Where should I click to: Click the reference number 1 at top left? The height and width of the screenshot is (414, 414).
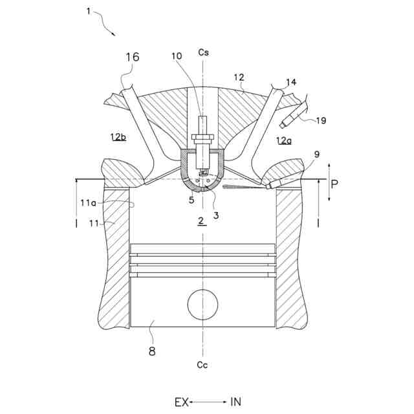coord(88,10)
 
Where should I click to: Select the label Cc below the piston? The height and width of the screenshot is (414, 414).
coord(202,365)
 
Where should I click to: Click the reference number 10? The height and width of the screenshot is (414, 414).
coord(176,56)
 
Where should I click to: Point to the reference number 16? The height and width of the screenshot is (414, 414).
coord(131,58)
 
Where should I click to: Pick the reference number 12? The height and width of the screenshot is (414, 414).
coord(239,77)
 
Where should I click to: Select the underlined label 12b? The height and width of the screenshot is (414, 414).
coord(118,136)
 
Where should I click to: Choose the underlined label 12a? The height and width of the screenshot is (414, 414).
coord(283,140)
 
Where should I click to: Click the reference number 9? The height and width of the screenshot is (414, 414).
coord(316,154)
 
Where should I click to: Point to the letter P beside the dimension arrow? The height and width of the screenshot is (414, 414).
coord(334,184)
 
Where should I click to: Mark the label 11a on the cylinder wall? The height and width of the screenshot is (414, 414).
coord(90,202)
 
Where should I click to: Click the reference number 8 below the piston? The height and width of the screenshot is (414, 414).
coord(152,351)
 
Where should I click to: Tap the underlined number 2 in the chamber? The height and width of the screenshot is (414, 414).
coord(201,221)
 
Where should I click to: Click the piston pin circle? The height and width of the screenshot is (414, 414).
coord(202,304)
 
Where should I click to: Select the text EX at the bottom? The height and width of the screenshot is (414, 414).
coord(181,402)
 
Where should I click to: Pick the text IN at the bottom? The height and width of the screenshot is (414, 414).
coord(235,402)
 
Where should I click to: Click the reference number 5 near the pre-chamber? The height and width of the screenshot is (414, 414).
coord(191,200)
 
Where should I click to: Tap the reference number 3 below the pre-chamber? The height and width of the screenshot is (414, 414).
coord(215,215)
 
